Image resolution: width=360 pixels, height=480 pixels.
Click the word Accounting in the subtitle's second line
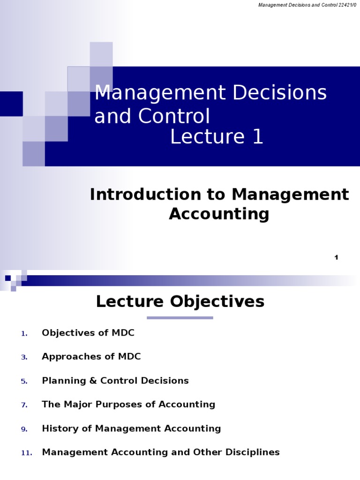[219, 214]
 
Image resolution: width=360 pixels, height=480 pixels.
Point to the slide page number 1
[336, 257]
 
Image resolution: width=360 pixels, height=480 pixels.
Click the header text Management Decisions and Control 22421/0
[307, 5]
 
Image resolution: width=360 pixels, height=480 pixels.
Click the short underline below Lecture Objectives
[180, 318]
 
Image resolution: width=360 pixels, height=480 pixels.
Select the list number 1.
[24, 334]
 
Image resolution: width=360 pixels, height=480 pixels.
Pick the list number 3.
[24, 358]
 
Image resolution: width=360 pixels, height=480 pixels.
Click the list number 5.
[24, 382]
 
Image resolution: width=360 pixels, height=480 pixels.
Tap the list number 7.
[24, 405]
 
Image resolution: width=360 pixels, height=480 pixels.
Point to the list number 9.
[24, 429]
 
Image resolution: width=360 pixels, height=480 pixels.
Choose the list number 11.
[26, 453]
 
